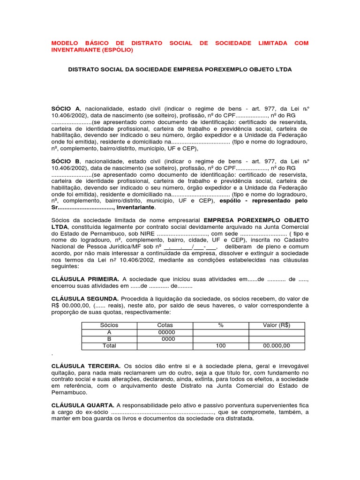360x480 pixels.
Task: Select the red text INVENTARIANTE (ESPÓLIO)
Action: click(92, 50)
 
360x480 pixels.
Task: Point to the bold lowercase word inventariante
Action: click(135, 207)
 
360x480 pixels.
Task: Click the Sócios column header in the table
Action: click(109, 325)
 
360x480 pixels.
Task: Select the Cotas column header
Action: click(165, 325)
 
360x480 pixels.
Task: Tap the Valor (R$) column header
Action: click(277, 325)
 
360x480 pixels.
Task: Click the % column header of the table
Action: click(221, 325)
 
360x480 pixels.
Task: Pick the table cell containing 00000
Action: click(165, 332)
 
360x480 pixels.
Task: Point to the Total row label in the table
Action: click(109, 345)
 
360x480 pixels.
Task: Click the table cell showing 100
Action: click(221, 345)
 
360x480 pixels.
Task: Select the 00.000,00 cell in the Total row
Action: click(277, 345)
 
